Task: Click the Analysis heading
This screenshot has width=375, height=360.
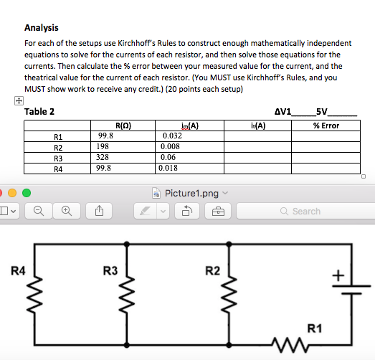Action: point(41,28)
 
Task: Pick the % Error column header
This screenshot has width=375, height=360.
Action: point(326,125)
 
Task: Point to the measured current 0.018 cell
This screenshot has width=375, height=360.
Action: point(169,168)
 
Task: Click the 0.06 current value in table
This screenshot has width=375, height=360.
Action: point(168,157)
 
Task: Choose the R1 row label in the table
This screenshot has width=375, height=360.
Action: point(59,136)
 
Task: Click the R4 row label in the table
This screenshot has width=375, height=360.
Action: point(59,169)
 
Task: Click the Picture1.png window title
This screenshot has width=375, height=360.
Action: point(191,194)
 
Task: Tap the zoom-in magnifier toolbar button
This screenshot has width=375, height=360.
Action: point(66,211)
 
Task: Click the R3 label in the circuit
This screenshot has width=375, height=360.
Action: point(110,270)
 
